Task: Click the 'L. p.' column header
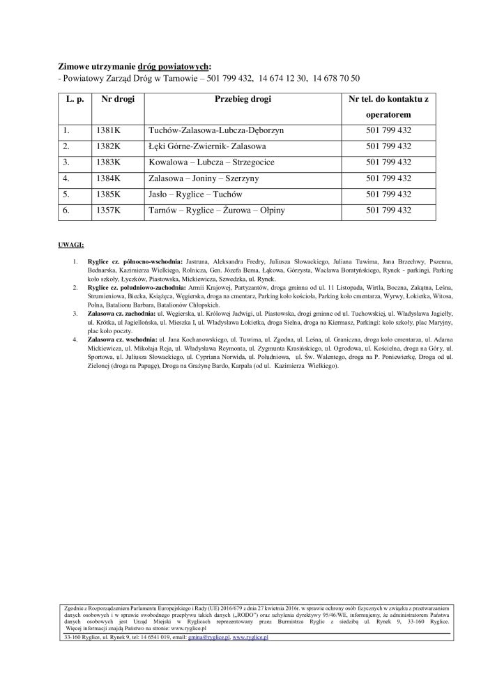coord(75,100)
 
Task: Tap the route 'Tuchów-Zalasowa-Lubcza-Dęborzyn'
coord(216,130)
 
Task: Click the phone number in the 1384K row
coord(388,178)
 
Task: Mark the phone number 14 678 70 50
coord(335,78)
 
